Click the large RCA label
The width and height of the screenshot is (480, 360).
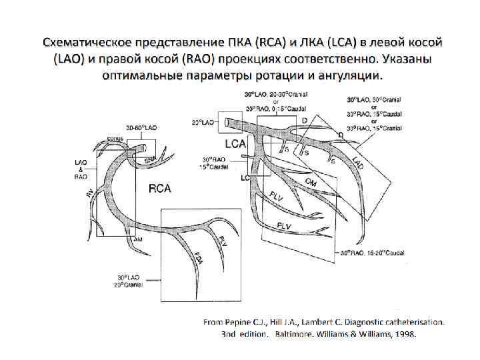159,189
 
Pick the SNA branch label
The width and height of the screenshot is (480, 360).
150,159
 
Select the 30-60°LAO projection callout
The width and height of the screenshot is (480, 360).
141,127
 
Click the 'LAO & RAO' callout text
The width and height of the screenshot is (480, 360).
81,170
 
